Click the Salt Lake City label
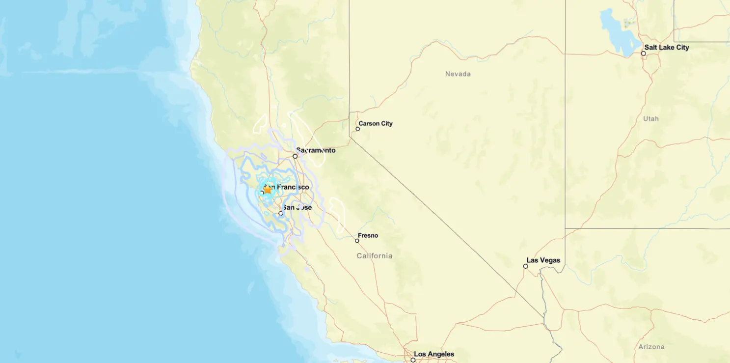pos(667,48)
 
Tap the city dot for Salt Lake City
pos(643,54)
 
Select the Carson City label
pos(376,124)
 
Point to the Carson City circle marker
pos(358,129)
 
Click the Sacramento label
pos(316,150)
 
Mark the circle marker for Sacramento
pos(295,156)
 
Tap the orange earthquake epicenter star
pos(268,190)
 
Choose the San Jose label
pos(297,208)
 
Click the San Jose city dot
pos(281,213)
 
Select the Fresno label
pos(368,236)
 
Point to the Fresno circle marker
pos(357,241)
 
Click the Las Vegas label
pos(543,260)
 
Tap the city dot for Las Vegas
pos(525,266)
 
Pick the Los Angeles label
pos(434,354)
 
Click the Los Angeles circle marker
pos(413,360)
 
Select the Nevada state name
pos(458,74)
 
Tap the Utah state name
pos(650,119)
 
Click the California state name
pos(374,256)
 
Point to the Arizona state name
pos(651,347)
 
